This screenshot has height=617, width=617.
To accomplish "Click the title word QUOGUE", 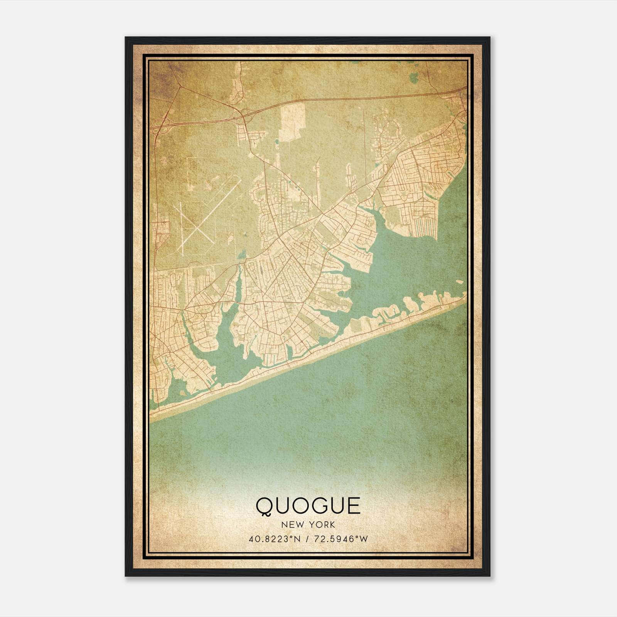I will click(308, 506).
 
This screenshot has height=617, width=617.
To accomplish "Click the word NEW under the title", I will click(290, 525).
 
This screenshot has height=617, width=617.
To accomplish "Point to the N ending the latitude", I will click(298, 539).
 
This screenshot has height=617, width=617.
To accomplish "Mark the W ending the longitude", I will click(364, 539).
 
